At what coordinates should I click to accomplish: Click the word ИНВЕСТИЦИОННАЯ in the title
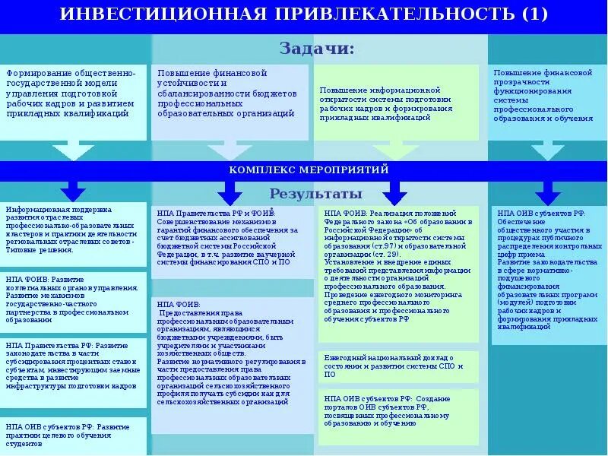pyautogui.click(x=160, y=14)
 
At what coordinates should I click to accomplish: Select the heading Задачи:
pyautogui.click(x=316, y=49)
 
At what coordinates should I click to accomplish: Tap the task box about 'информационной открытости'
pyautogui.click(x=396, y=103)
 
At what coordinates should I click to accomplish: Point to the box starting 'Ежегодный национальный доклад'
pyautogui.click(x=396, y=366)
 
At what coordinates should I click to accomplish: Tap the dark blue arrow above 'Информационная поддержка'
pyautogui.click(x=73, y=189)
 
